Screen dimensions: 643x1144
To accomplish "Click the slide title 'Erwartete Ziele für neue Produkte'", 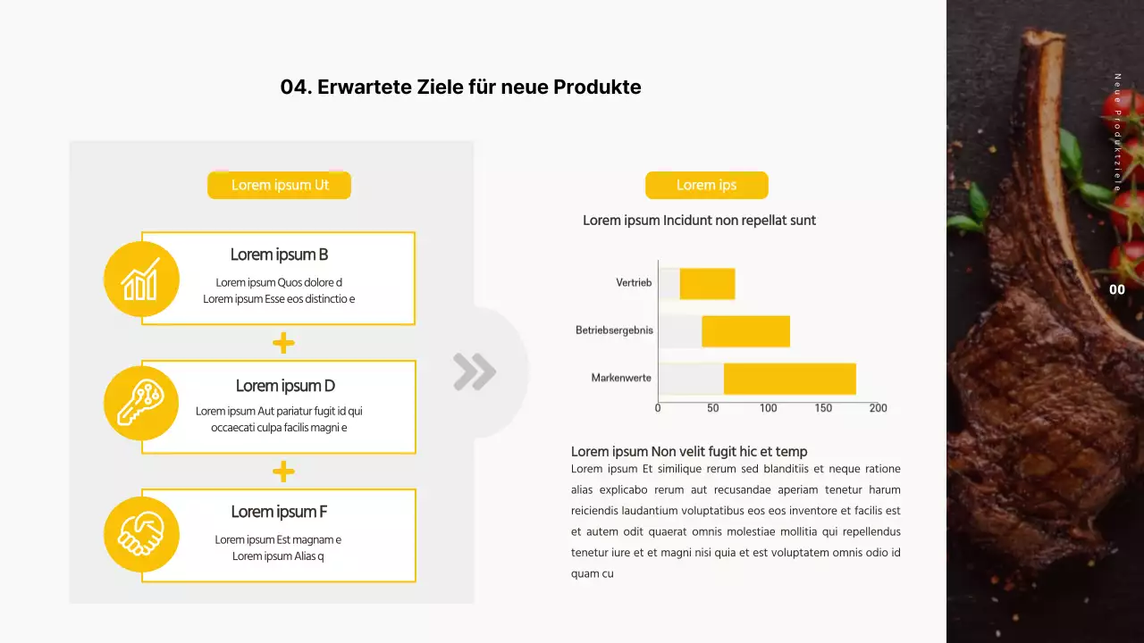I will (460, 88).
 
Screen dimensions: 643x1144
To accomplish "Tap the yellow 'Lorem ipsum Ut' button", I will (280, 185).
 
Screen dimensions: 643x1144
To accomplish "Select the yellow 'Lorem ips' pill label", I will (706, 185).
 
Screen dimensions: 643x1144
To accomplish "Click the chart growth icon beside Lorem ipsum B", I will (141, 279).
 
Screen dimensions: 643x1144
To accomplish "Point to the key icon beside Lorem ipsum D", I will (141, 403).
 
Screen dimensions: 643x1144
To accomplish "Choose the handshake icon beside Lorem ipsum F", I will (141, 534).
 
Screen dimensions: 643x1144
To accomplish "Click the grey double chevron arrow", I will (474, 372).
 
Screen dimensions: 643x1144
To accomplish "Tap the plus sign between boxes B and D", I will (283, 343).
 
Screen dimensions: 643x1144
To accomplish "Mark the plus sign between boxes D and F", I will (283, 472).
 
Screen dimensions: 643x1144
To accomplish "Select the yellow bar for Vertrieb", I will (707, 283).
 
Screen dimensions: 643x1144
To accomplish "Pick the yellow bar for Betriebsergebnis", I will (745, 331).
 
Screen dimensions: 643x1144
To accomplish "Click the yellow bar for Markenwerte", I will (789, 379).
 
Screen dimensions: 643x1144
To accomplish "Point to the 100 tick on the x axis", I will (769, 408).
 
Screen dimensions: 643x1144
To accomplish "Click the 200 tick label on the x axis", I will (879, 408).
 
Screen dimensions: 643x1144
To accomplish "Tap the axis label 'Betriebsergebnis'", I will (614, 330).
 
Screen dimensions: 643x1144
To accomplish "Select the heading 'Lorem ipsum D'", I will (285, 386).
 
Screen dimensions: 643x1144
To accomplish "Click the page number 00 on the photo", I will (1117, 289).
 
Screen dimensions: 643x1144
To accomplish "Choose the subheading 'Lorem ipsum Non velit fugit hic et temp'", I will (689, 452).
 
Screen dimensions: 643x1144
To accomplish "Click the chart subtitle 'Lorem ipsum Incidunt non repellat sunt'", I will (699, 221).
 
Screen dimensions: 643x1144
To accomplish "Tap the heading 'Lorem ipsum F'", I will (279, 512).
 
